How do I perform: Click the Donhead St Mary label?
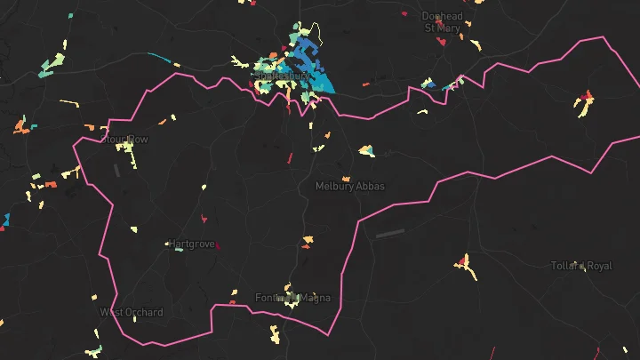point(442,21)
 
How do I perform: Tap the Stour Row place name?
point(124,140)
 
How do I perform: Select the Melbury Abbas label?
point(350,187)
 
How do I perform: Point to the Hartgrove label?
point(191,244)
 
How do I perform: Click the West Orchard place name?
point(132,312)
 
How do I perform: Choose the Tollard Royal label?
point(581,266)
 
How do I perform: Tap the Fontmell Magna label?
point(292,297)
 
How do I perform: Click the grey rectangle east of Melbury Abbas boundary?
point(390,234)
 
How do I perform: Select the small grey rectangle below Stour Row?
point(116,168)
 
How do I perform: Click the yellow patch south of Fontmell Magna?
point(276,335)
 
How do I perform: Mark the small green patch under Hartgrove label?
point(179,250)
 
